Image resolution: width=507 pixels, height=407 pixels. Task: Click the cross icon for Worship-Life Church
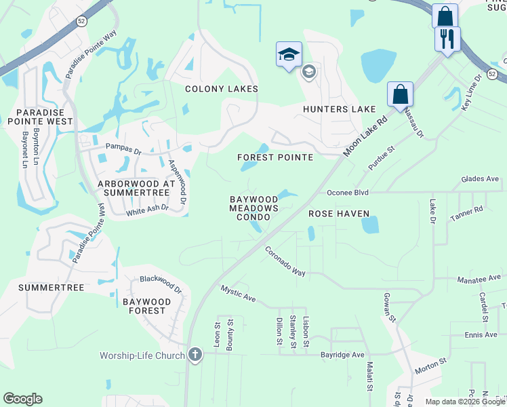click(195, 355)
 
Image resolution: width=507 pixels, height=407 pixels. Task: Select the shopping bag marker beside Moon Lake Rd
click(400, 94)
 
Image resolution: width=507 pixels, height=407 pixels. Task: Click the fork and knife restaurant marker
click(447, 39)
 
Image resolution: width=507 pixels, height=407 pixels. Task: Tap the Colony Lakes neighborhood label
click(222, 89)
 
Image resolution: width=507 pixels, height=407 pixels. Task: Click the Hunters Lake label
click(339, 109)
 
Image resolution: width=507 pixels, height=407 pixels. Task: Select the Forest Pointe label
click(275, 157)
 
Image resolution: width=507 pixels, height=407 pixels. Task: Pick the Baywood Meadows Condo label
click(254, 208)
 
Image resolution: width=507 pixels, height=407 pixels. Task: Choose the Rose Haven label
click(339, 214)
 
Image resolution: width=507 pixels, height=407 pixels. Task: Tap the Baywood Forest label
click(144, 305)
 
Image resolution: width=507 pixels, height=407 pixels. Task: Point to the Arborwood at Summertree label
click(137, 189)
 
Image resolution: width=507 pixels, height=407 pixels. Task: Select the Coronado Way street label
click(285, 261)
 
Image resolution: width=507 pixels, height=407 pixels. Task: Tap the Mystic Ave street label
click(238, 294)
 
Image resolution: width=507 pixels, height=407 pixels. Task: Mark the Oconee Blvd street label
click(347, 192)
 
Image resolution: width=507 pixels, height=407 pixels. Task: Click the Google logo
click(22, 399)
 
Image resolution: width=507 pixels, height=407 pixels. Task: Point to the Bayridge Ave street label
click(342, 355)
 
